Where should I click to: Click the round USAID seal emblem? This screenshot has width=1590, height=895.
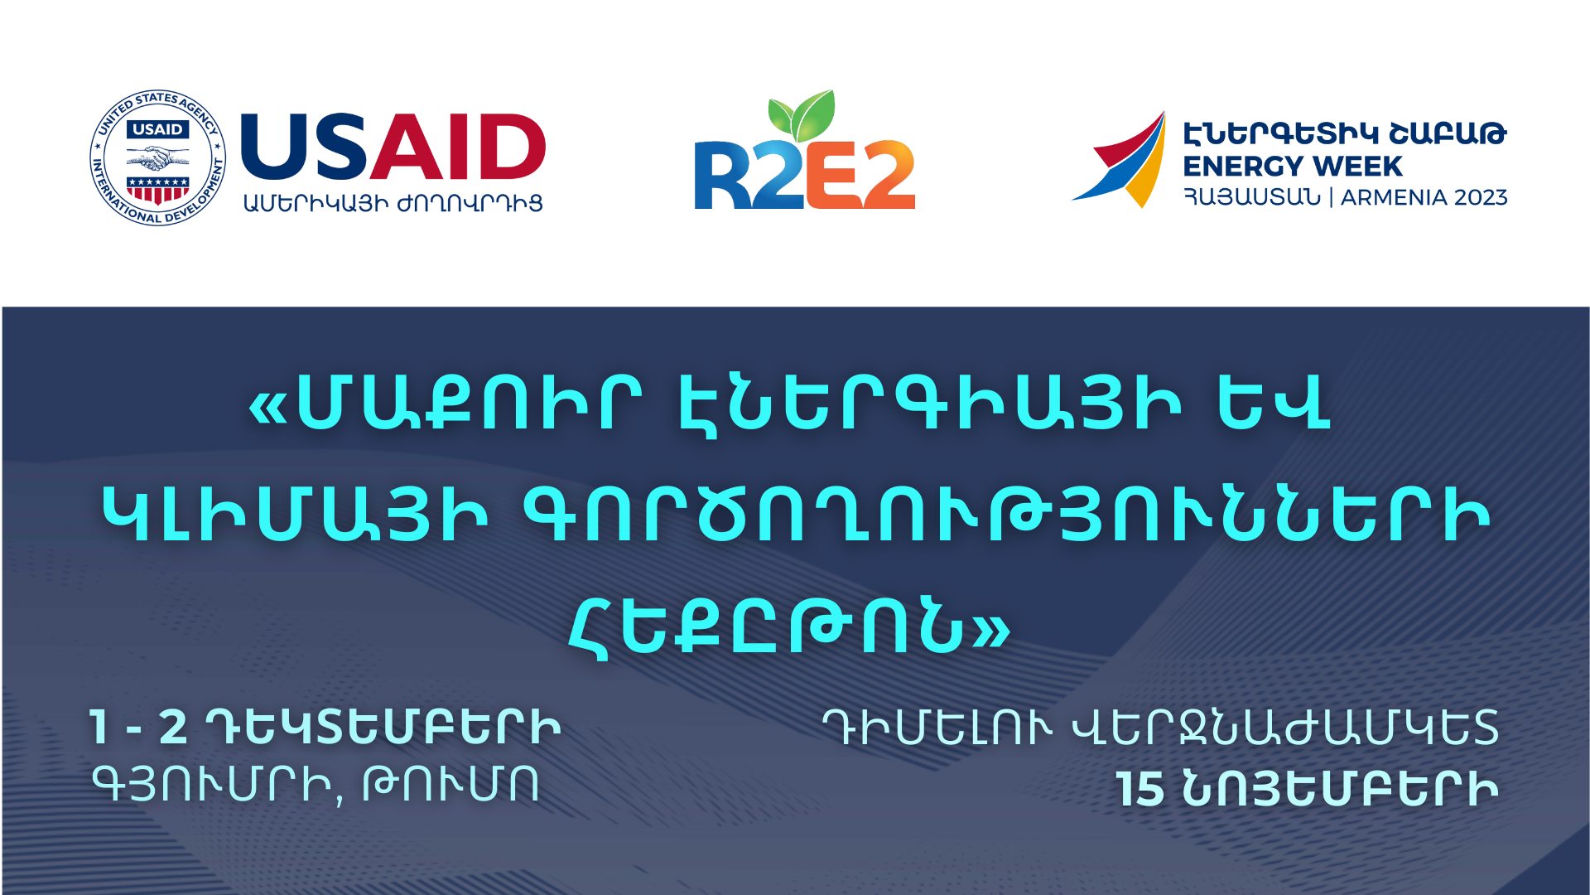click(157, 157)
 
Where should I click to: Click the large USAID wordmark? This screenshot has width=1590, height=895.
click(393, 147)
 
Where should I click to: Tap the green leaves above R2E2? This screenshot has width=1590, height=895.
click(801, 114)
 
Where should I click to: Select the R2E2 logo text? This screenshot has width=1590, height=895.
click(804, 175)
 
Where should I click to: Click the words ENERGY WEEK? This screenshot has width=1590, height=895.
click(1292, 166)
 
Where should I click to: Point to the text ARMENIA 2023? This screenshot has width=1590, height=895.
click(1424, 197)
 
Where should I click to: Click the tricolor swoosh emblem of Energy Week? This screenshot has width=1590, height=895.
click(1120, 159)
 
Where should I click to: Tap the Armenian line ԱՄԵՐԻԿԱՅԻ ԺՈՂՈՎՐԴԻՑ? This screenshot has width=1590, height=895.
click(393, 203)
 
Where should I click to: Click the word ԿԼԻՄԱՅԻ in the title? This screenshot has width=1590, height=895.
click(295, 515)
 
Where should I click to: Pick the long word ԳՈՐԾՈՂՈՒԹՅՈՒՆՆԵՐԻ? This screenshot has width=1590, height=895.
click(1006, 515)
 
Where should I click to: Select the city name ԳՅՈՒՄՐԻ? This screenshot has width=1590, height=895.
click(213, 785)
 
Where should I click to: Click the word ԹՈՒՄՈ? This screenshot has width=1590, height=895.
click(451, 784)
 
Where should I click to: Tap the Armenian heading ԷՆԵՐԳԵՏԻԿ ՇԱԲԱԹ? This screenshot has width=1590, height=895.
click(1345, 133)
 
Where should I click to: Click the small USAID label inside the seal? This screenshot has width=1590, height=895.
click(157, 130)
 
